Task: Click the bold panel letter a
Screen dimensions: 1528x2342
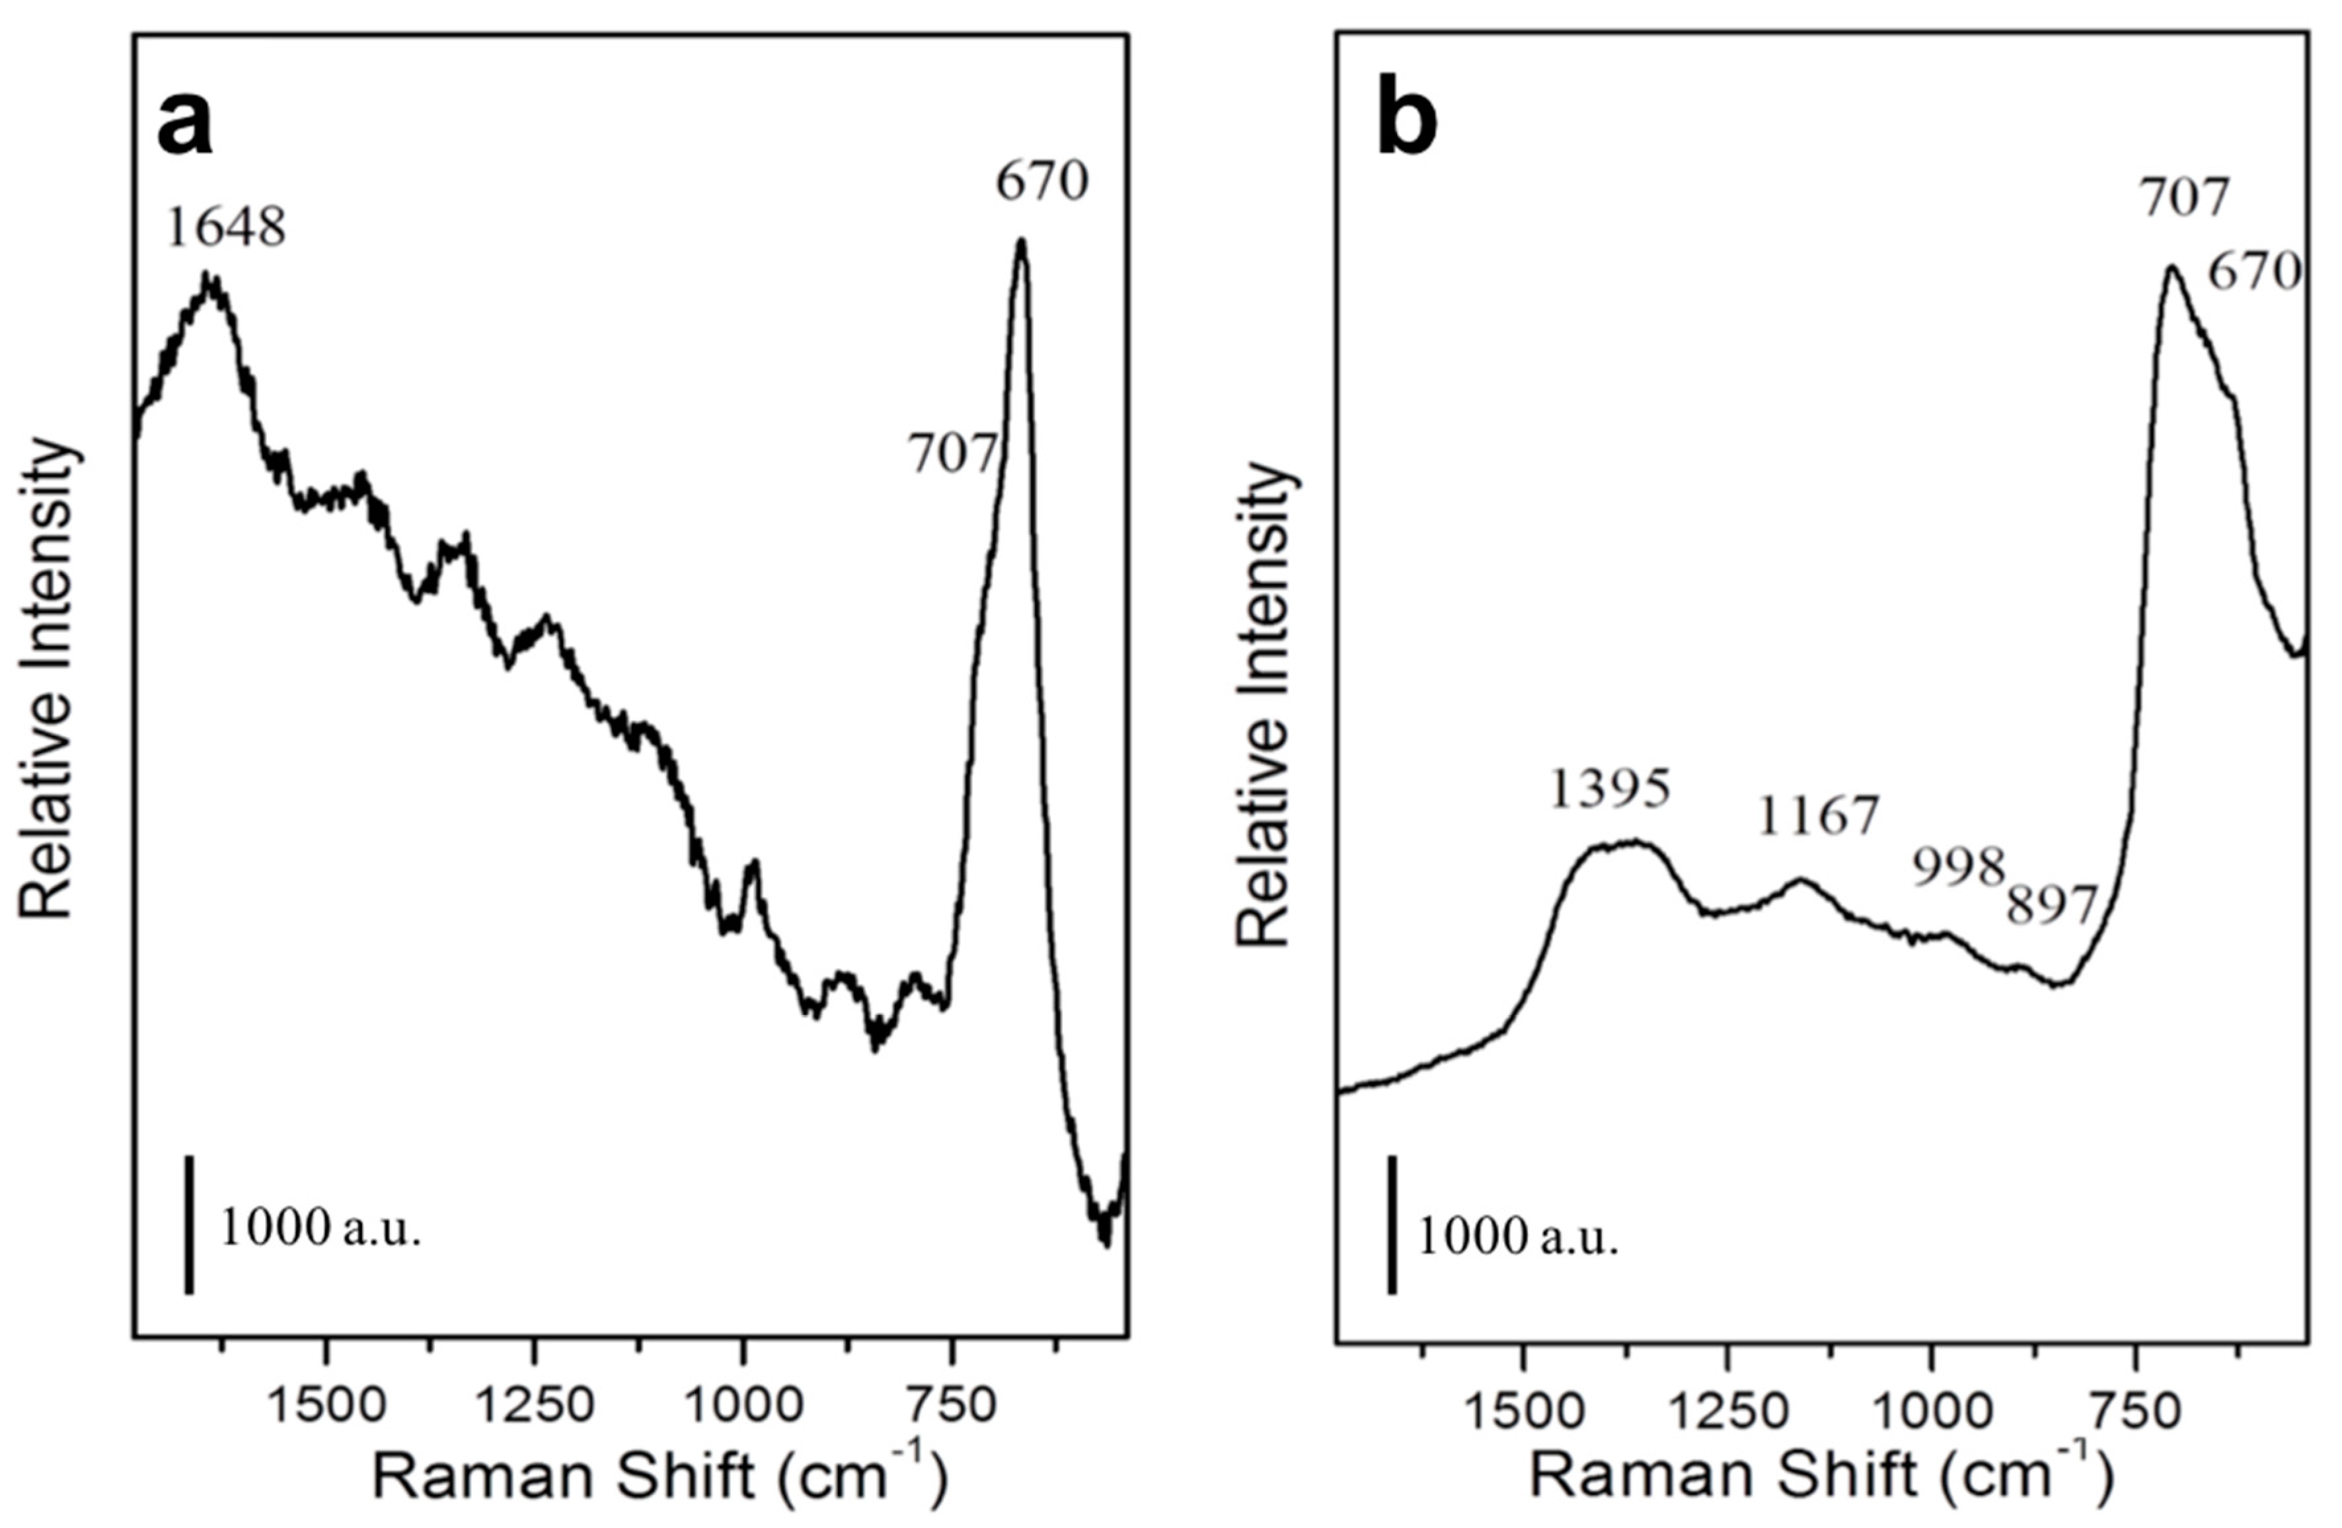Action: click(185, 126)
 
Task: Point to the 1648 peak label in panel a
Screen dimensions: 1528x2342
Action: click(226, 229)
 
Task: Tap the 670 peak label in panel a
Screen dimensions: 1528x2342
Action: click(1042, 182)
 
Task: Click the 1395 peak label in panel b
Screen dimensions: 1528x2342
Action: click(1610, 789)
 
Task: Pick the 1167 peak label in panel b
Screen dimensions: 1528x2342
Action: click(1819, 817)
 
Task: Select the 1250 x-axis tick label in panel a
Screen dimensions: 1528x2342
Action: click(535, 1408)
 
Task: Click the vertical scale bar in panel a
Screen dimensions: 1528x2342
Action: click(189, 1224)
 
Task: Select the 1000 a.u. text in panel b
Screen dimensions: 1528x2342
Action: click(1517, 1239)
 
